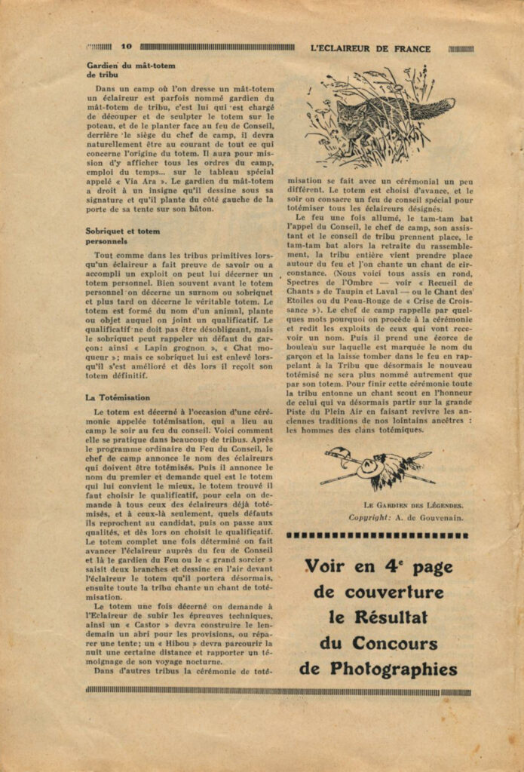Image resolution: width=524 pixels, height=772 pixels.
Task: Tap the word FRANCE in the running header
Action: [412, 48]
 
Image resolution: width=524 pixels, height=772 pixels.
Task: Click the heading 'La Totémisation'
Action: [118, 397]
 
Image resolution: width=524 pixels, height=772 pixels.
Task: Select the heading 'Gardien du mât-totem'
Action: [131, 66]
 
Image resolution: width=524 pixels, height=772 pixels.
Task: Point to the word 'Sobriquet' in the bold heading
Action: [107, 231]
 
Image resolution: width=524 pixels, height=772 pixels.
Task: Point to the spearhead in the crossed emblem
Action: [329, 453]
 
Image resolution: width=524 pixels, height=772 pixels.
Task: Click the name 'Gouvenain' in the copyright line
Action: [444, 517]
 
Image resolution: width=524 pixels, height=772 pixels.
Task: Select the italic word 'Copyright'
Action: [369, 517]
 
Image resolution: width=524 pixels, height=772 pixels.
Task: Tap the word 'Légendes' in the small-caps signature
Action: [437, 505]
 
